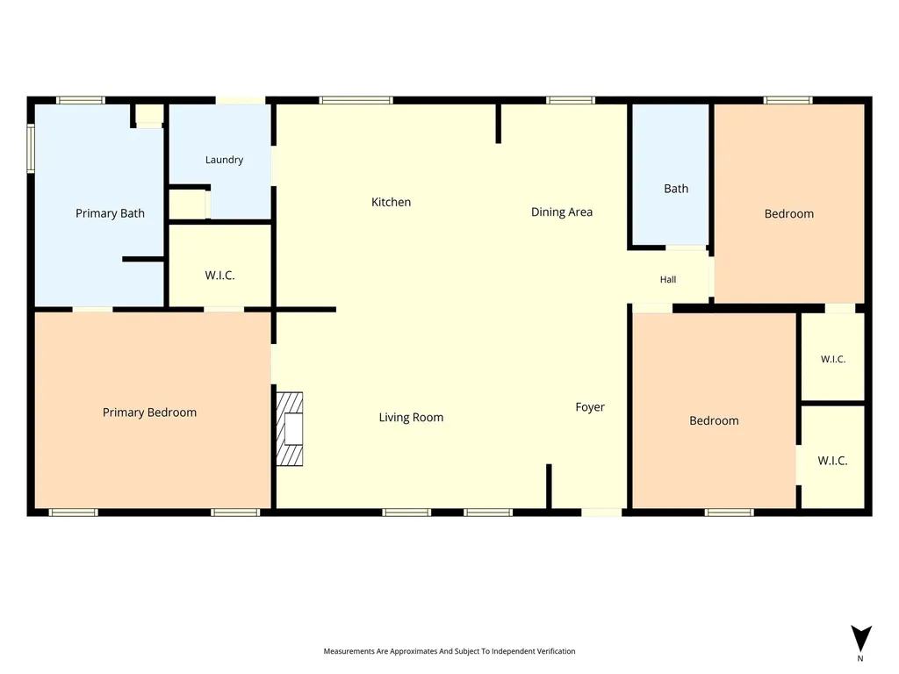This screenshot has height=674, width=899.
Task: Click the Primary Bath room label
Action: pyautogui.click(x=110, y=214)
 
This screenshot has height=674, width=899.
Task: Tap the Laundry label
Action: pyautogui.click(x=224, y=160)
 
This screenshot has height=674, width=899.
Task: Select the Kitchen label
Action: pyautogui.click(x=391, y=203)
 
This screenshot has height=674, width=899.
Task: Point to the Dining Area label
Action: pyautogui.click(x=562, y=212)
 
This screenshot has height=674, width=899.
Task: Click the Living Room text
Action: pyautogui.click(x=411, y=418)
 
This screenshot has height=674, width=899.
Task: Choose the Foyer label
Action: pyautogui.click(x=590, y=407)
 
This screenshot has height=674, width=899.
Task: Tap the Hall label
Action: pyautogui.click(x=668, y=280)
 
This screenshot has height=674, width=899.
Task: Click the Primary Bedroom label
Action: pyautogui.click(x=149, y=412)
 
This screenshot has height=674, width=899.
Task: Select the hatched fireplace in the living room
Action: pyautogui.click(x=290, y=428)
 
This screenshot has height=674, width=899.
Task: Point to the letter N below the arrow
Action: pyautogui.click(x=860, y=658)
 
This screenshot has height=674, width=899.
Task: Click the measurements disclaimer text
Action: pyautogui.click(x=449, y=651)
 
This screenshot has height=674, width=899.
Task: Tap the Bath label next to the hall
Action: pyautogui.click(x=676, y=189)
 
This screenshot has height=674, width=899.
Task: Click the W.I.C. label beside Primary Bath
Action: pyautogui.click(x=219, y=276)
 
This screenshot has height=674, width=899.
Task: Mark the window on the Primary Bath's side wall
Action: pyautogui.click(x=31, y=147)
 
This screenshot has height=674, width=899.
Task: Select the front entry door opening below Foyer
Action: pyautogui.click(x=601, y=512)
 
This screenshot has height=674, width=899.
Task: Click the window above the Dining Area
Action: pyautogui.click(x=571, y=100)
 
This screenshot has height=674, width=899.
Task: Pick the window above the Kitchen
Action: pyautogui.click(x=356, y=100)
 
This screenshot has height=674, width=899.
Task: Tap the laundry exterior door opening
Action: pyautogui.click(x=241, y=100)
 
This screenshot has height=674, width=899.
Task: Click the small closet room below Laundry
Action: pyautogui.click(x=188, y=204)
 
